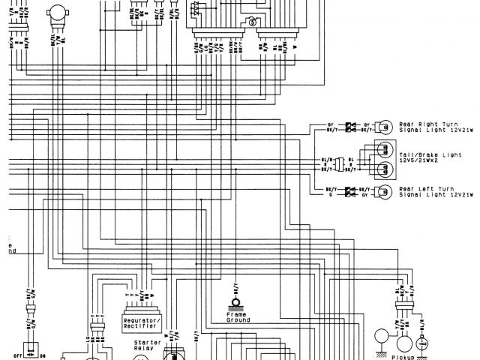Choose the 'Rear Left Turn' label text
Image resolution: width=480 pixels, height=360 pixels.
coord(428,187)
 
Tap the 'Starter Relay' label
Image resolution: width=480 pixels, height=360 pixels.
coord(148,344)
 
